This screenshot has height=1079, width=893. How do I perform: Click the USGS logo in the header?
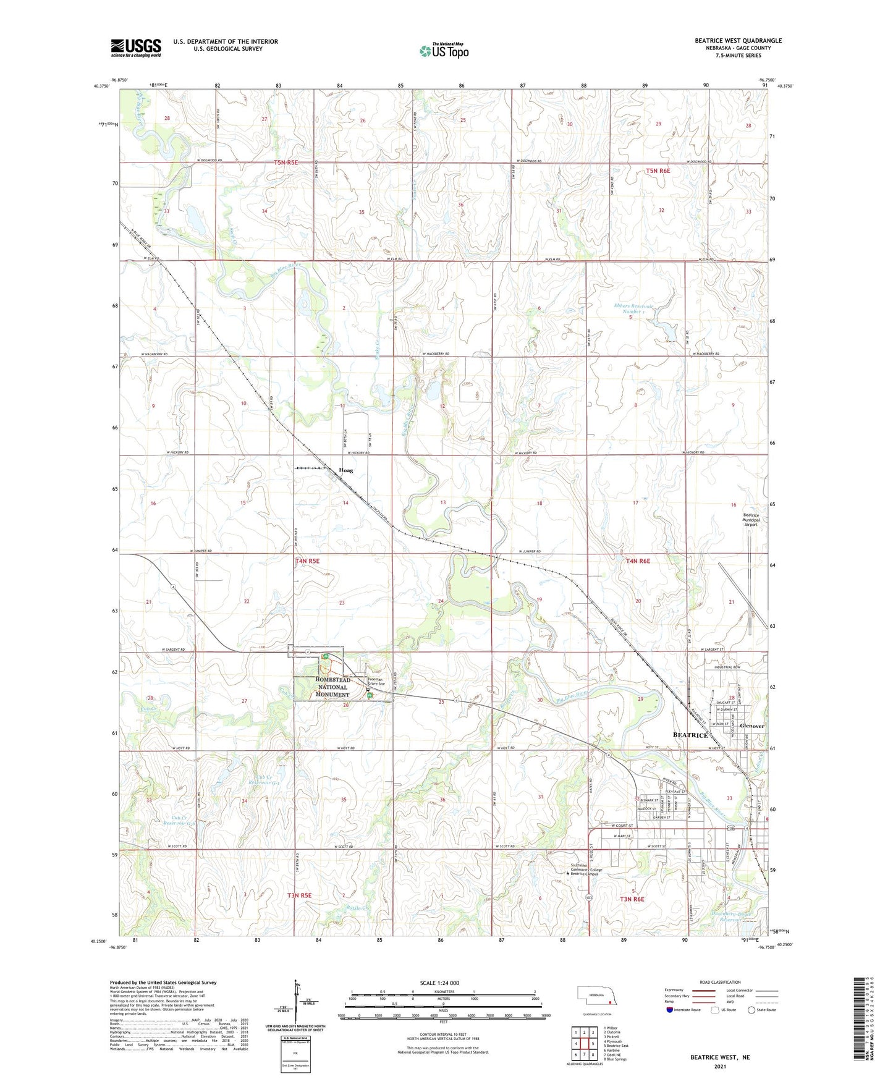click(136, 47)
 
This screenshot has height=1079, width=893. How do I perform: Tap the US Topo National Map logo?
click(443, 50)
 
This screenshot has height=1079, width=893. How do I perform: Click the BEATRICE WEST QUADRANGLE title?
click(738, 41)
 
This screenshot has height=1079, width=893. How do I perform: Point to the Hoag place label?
click(346, 470)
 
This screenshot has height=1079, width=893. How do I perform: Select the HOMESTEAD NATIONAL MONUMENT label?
click(332, 687)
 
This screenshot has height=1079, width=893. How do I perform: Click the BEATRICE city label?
click(690, 735)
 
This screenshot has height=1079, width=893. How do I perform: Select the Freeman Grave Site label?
click(376, 682)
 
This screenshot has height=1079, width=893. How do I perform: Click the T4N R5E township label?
click(307, 561)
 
